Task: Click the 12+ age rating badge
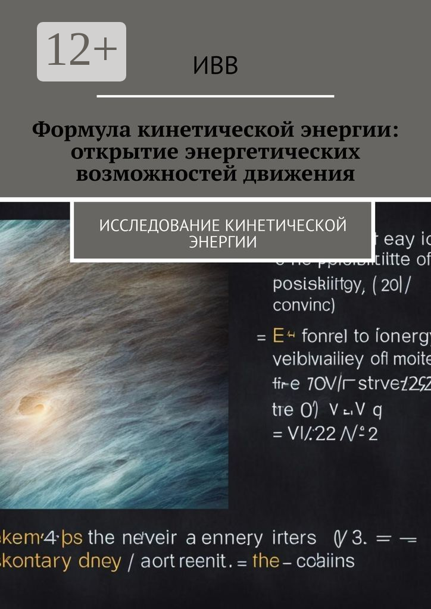coord(82,52)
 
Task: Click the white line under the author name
coord(215,96)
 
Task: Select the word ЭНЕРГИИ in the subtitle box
coord(223,242)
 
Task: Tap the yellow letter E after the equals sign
coord(277,336)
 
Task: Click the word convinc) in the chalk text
coord(304,306)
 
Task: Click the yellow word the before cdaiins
coord(264,560)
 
